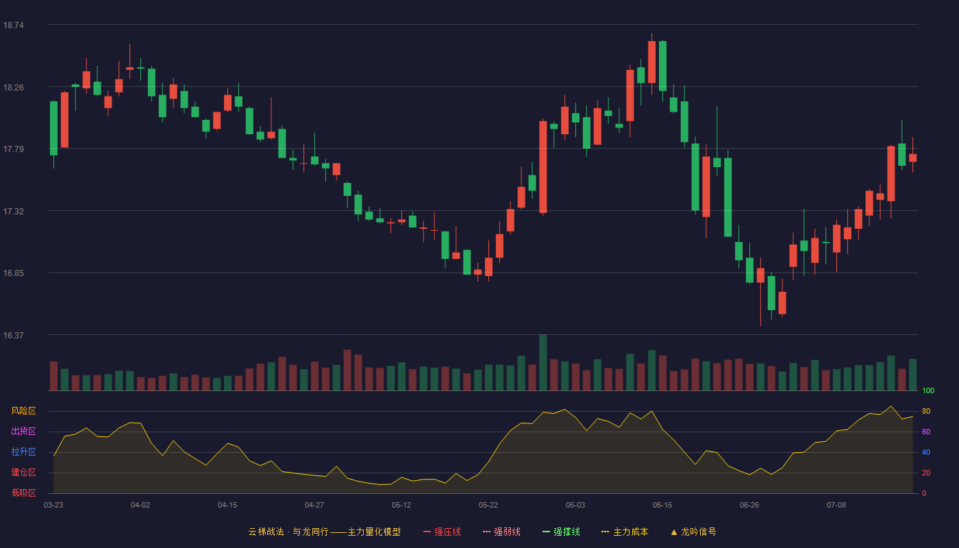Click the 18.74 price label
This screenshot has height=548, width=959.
click(x=13, y=25)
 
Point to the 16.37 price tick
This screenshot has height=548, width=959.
click(x=13, y=335)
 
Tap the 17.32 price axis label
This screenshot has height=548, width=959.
click(x=13, y=212)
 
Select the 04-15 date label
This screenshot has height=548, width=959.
click(x=227, y=506)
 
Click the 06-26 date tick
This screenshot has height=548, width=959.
click(x=749, y=506)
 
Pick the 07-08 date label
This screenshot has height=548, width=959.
click(x=836, y=506)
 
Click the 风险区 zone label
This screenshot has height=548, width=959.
click(x=23, y=411)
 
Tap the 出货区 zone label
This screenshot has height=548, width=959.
click(x=23, y=431)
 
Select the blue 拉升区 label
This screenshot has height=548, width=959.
click(x=23, y=451)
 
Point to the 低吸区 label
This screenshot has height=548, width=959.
click(x=23, y=493)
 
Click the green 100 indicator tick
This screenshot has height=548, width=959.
click(x=928, y=390)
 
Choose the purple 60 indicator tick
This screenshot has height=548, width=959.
click(x=926, y=432)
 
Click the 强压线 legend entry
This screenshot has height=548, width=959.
click(x=442, y=532)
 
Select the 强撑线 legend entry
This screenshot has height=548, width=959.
click(x=561, y=532)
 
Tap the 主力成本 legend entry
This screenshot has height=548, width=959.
click(x=625, y=532)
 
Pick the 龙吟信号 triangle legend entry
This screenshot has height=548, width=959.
click(x=693, y=532)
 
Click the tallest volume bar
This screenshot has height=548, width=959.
click(x=543, y=362)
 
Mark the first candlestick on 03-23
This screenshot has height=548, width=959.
click(x=53, y=129)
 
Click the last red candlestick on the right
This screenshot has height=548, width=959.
click(x=912, y=158)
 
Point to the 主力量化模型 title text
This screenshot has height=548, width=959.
click(x=374, y=532)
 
